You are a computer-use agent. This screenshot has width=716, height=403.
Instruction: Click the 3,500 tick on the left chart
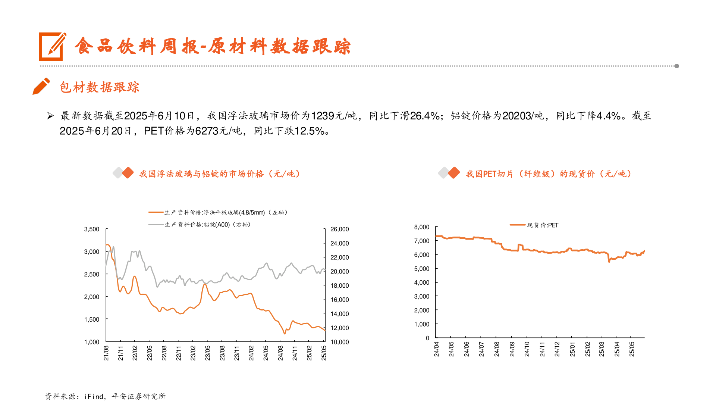tap(92, 229)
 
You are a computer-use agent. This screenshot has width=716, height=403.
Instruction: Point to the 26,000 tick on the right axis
tap(339, 229)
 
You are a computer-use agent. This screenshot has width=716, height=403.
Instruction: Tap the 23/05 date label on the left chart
tap(208, 353)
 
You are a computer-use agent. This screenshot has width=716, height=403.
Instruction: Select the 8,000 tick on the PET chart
tap(422, 227)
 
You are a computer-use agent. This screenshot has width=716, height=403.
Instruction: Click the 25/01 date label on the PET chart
tap(572, 349)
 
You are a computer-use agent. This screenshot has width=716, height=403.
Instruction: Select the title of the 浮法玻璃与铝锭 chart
tap(220, 174)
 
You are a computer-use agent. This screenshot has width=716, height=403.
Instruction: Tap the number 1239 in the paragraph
tap(323, 116)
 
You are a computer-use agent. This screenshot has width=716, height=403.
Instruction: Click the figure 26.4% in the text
tap(425, 116)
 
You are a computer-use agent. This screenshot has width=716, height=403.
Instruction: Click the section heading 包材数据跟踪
tap(100, 87)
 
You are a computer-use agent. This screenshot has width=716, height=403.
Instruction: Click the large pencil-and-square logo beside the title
tap(53, 46)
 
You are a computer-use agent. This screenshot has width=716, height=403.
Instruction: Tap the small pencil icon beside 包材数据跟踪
tap(41, 86)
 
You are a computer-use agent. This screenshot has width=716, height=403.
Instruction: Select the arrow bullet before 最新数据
tap(50, 116)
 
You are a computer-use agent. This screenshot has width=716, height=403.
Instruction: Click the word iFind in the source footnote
tap(94, 396)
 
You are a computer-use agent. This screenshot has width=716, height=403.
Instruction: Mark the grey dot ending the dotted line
tap(676, 66)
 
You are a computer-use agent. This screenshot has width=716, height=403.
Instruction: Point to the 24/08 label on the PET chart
tap(497, 349)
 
